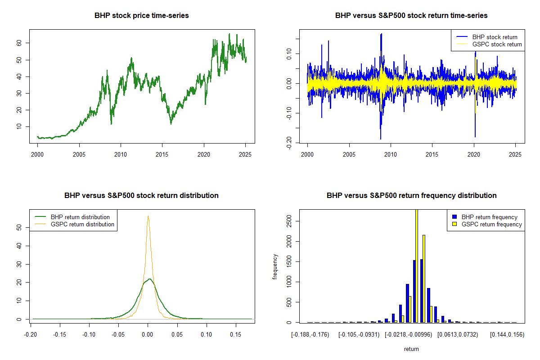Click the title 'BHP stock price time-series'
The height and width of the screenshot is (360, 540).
point(141,15)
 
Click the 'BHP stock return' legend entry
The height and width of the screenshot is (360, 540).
point(495,37)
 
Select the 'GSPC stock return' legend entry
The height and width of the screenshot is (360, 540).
point(497,44)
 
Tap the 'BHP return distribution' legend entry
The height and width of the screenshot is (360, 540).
point(80,217)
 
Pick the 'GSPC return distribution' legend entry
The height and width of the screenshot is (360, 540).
point(82,224)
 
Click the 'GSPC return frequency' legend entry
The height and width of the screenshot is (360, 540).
point(491,224)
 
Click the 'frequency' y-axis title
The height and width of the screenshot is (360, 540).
point(275,266)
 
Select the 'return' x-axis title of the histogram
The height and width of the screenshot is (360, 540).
point(411,349)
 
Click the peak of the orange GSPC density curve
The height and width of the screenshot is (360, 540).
point(148,216)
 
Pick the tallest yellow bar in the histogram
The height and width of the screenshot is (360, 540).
point(417,265)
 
